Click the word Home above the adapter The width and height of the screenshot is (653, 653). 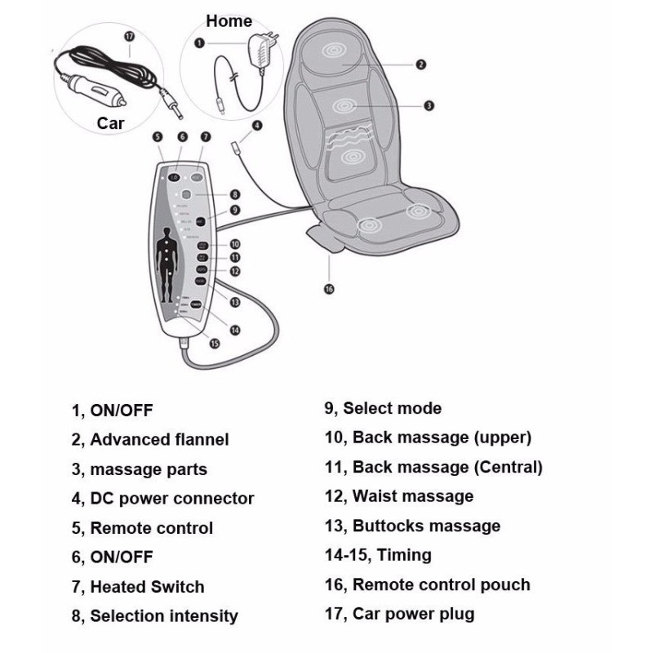click(229, 21)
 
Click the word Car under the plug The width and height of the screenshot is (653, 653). click(111, 123)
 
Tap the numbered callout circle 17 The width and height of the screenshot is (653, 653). click(128, 36)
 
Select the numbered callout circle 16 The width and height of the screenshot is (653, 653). click(329, 288)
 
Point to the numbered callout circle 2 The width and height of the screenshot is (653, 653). click(420, 64)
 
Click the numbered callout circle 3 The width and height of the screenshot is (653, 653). click(429, 104)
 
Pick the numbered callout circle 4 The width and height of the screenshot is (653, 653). click(257, 126)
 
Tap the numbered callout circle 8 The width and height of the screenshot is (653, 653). click(234, 194)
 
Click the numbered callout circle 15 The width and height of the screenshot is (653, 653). click(215, 344)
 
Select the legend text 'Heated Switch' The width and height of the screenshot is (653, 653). click(147, 586)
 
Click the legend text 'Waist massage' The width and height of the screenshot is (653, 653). click(412, 496)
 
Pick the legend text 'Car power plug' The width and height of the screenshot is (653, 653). click(412, 614)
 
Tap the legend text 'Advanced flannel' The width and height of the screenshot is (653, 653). click(159, 439)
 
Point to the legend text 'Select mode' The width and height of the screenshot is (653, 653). click(392, 408)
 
